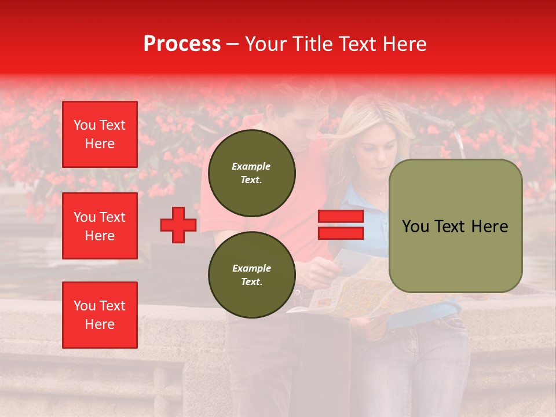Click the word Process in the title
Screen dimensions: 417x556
click(182, 44)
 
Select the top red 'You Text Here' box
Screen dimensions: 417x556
click(100, 134)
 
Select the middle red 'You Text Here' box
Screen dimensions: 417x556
click(100, 226)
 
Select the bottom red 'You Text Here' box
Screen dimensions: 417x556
click(100, 315)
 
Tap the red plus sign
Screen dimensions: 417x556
click(178, 225)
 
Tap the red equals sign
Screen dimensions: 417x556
click(341, 225)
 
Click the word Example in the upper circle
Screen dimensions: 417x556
click(251, 166)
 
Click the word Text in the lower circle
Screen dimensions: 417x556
click(251, 282)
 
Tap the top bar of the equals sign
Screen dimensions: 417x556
click(341, 217)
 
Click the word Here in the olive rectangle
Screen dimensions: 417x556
click(489, 226)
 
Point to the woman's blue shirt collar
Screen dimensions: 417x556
click(359, 200)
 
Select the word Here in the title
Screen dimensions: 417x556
click(404, 44)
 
